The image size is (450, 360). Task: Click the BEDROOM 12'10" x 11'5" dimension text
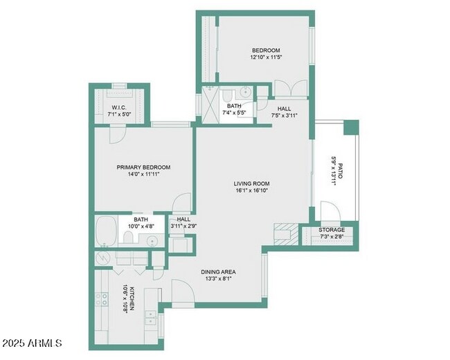266,57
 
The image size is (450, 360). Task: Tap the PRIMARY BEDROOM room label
143,167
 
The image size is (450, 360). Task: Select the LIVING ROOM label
251,183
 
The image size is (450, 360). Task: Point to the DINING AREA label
218,271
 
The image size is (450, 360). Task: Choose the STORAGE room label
332,230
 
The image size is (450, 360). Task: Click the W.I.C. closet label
119,107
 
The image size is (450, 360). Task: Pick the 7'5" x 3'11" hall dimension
284,116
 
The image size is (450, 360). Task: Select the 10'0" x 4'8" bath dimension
141,226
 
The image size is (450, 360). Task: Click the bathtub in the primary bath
106,231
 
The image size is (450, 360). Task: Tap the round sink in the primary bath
152,241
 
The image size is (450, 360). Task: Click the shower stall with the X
210,105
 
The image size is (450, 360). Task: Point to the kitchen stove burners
102,298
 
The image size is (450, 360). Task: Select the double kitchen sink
150,318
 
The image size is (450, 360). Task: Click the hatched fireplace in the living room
286,234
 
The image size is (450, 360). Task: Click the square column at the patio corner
351,127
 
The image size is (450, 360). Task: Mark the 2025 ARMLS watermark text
32,343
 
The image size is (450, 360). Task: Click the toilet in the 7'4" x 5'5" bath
227,94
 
